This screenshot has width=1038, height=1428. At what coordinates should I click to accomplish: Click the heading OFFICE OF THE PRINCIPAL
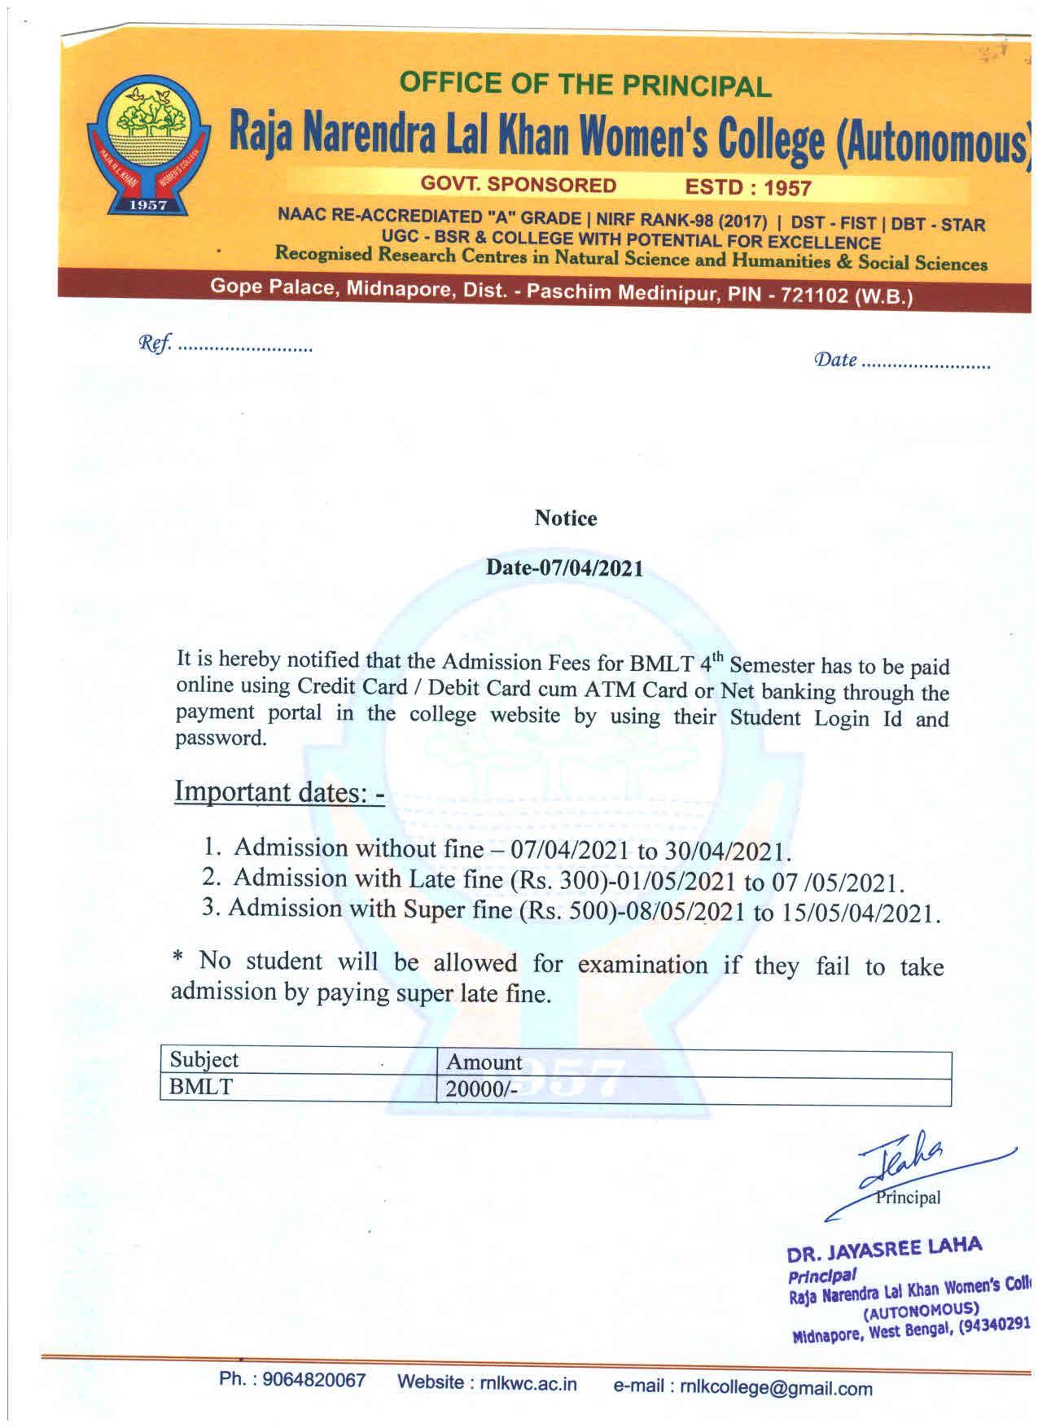585,84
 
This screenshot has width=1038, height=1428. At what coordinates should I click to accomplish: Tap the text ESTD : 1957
748,188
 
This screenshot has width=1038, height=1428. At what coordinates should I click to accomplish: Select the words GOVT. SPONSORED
518,185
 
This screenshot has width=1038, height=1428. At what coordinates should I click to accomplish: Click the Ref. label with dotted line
225,345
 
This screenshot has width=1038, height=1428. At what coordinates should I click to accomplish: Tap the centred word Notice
565,519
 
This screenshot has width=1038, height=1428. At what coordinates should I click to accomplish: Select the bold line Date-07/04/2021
564,567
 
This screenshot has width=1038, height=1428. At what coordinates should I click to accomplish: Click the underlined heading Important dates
278,791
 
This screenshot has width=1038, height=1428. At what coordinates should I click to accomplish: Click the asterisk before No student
177,959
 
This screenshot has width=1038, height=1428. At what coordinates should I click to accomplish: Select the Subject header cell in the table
204,1060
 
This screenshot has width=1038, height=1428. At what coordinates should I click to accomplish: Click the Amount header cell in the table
484,1062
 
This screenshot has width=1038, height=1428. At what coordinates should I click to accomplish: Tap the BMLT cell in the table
201,1087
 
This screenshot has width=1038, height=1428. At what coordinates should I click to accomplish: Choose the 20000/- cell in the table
481,1089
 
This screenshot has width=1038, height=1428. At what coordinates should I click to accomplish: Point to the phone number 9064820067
313,1380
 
